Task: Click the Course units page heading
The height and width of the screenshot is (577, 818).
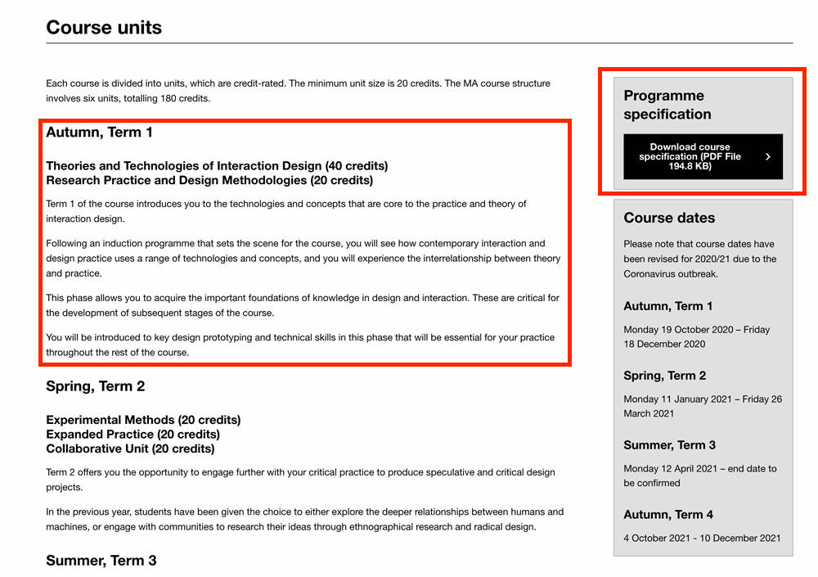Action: pyautogui.click(x=104, y=27)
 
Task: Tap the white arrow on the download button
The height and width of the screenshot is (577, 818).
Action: pyautogui.click(x=767, y=156)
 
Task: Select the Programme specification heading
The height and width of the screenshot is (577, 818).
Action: pyautogui.click(x=667, y=105)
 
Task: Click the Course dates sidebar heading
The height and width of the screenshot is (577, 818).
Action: pyautogui.click(x=668, y=218)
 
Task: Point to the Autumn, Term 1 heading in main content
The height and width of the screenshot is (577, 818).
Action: pyautogui.click(x=99, y=133)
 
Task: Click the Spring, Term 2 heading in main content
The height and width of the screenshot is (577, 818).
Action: pyautogui.click(x=95, y=386)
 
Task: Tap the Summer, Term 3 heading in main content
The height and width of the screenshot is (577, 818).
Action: pyautogui.click(x=101, y=561)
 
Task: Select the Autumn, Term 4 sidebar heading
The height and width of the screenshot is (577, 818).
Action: pyautogui.click(x=667, y=514)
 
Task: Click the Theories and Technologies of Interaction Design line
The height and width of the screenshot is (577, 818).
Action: pyautogui.click(x=217, y=165)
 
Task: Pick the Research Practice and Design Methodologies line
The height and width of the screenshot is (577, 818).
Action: pyautogui.click(x=209, y=180)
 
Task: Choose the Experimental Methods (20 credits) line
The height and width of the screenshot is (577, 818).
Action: pyautogui.click(x=143, y=420)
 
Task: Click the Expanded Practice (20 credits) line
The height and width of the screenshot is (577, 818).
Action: pyautogui.click(x=133, y=435)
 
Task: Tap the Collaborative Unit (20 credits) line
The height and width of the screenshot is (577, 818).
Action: pyautogui.click(x=130, y=449)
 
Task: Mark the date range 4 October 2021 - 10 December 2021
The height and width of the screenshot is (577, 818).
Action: pyautogui.click(x=702, y=538)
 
